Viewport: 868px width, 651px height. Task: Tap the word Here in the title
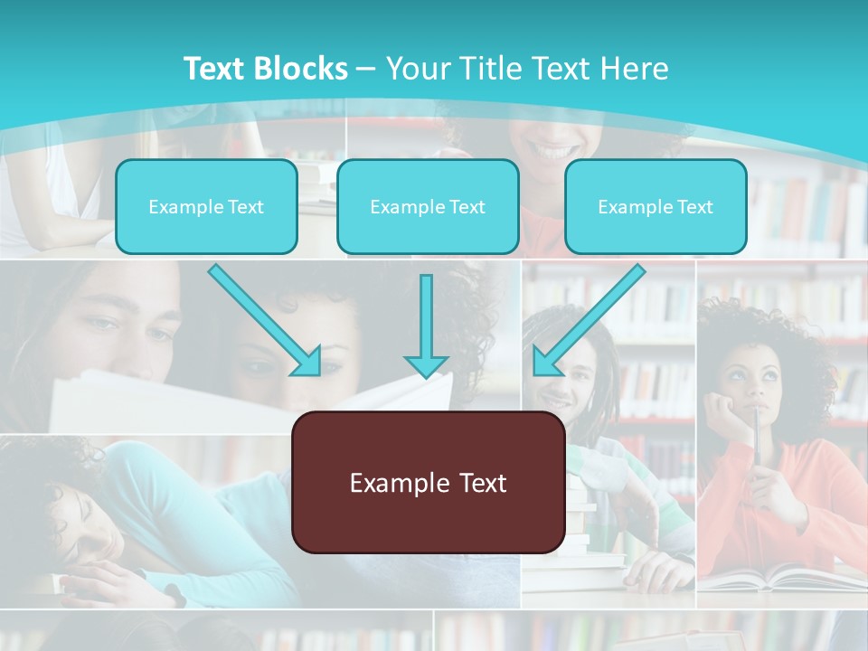coord(636,68)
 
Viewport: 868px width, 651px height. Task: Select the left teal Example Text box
coord(206,206)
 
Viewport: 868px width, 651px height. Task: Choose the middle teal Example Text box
coord(428,206)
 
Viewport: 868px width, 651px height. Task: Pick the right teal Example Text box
coord(656,206)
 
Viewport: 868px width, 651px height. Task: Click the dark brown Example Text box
coord(428,483)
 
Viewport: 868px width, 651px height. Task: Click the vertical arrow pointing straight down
coord(426,325)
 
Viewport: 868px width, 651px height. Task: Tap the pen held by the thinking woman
coord(756,443)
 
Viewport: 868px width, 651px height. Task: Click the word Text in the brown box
coord(479,483)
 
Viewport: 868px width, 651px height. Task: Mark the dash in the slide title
coord(367,68)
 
